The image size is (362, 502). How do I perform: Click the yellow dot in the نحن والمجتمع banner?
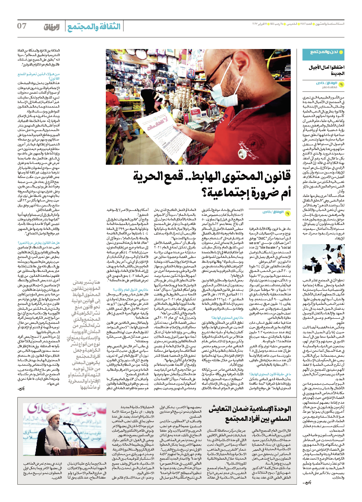(x=306, y=52)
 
